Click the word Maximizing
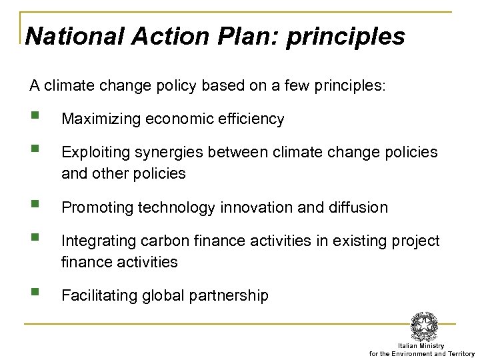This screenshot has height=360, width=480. point(101,119)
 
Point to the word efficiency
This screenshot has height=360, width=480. point(251,119)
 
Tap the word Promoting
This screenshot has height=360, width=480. point(97,207)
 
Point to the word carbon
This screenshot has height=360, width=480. point(164,241)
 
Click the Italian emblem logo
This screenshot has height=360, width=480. point(424,327)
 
